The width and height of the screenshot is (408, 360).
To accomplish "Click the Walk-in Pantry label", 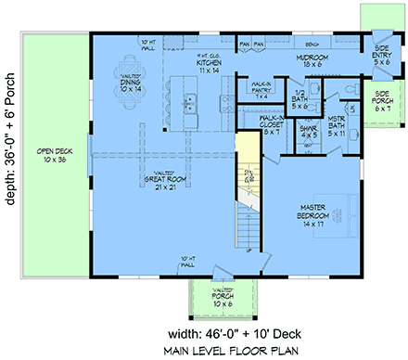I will [261, 90].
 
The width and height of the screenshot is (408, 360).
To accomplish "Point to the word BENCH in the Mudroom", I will [312, 44].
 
